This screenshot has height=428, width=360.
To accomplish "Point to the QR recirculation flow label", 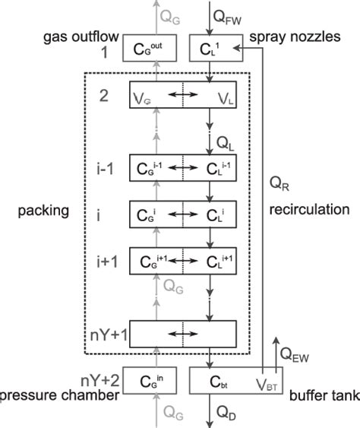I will pos(280,183).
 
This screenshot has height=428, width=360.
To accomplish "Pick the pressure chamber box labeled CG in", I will pos(156,378).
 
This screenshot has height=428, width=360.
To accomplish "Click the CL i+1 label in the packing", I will pos(212,260).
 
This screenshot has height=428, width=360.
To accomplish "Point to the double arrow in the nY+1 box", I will pos(182,331).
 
